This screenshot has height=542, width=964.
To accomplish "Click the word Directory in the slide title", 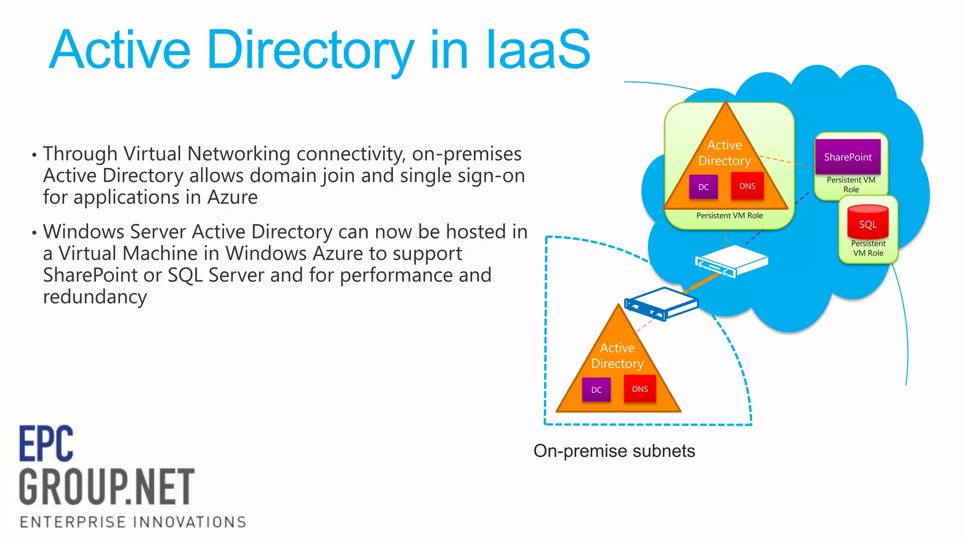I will pyautogui.click(x=310, y=50).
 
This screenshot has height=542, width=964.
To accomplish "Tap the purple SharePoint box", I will pyautogui.click(x=848, y=157).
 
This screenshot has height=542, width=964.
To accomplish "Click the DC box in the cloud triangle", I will pyautogui.click(x=703, y=187).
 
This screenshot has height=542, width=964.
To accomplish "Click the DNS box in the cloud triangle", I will pyautogui.click(x=747, y=186).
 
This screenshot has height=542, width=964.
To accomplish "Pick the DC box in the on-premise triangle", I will pyautogui.click(x=596, y=390).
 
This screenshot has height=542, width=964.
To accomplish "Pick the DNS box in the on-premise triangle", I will pyautogui.click(x=640, y=389).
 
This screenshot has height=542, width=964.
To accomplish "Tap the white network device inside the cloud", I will pyautogui.click(x=731, y=262).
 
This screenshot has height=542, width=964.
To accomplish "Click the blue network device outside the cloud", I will pyautogui.click(x=661, y=304).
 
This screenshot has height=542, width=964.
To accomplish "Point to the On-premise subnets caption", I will pyautogui.click(x=614, y=451).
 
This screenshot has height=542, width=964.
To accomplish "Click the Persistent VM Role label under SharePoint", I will pyautogui.click(x=851, y=184).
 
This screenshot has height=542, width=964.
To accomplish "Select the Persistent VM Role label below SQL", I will pyautogui.click(x=868, y=248).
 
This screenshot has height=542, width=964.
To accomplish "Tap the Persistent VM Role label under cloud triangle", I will pyautogui.click(x=729, y=215).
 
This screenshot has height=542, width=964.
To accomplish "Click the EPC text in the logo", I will pyautogui.click(x=46, y=444).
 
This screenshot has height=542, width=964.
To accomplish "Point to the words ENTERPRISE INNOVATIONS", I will pyautogui.click(x=133, y=522).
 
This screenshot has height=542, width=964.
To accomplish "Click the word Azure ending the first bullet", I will pyautogui.click(x=233, y=197).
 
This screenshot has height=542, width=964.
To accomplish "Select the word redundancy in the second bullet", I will pyautogui.click(x=95, y=297).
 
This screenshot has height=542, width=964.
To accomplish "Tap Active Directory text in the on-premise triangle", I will pyautogui.click(x=617, y=356).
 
